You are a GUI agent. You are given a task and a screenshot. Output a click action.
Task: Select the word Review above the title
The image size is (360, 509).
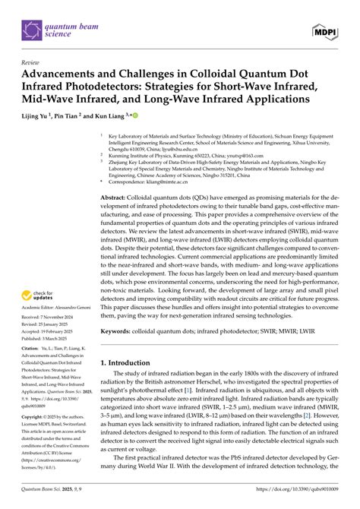pos(32,63)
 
